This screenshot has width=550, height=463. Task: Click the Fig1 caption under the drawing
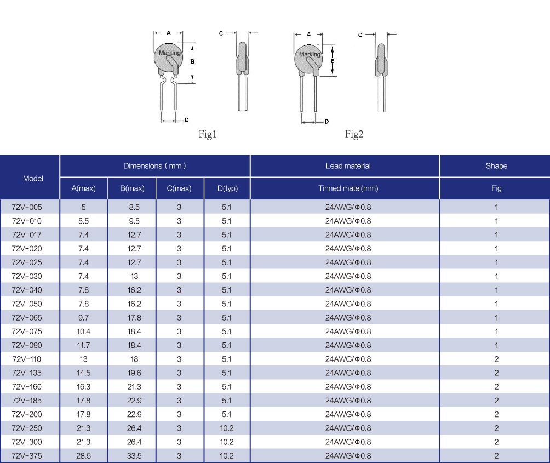click(x=207, y=134)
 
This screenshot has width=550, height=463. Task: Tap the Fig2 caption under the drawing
click(x=354, y=134)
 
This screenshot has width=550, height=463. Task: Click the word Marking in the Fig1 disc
click(x=169, y=53)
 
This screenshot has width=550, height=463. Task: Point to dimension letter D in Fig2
click(x=326, y=121)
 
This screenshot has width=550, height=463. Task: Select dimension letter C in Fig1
click(x=221, y=33)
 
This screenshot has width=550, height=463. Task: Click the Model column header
click(x=33, y=179)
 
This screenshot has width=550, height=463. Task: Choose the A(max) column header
click(x=83, y=188)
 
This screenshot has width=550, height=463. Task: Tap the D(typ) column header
click(x=227, y=188)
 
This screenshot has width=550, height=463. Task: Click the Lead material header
click(x=348, y=166)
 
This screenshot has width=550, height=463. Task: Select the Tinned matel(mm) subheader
click(x=348, y=188)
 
